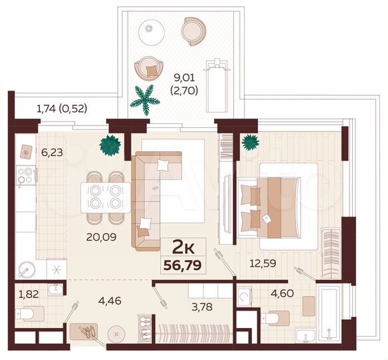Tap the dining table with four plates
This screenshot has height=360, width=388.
click(105, 196)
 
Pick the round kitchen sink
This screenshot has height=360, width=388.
click(27, 270)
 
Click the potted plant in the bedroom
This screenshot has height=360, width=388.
click(250, 142)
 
